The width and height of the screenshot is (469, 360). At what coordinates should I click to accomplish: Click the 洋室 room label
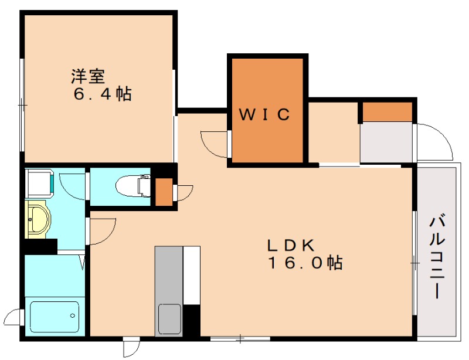[x=89, y=76]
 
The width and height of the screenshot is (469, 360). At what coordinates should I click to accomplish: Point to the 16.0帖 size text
[x=305, y=263]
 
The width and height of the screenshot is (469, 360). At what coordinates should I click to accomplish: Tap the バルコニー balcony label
[x=437, y=257]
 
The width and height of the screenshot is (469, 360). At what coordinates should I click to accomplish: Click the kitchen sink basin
[x=169, y=320]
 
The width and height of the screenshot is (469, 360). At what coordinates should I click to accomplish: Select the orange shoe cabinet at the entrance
[x=387, y=111]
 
